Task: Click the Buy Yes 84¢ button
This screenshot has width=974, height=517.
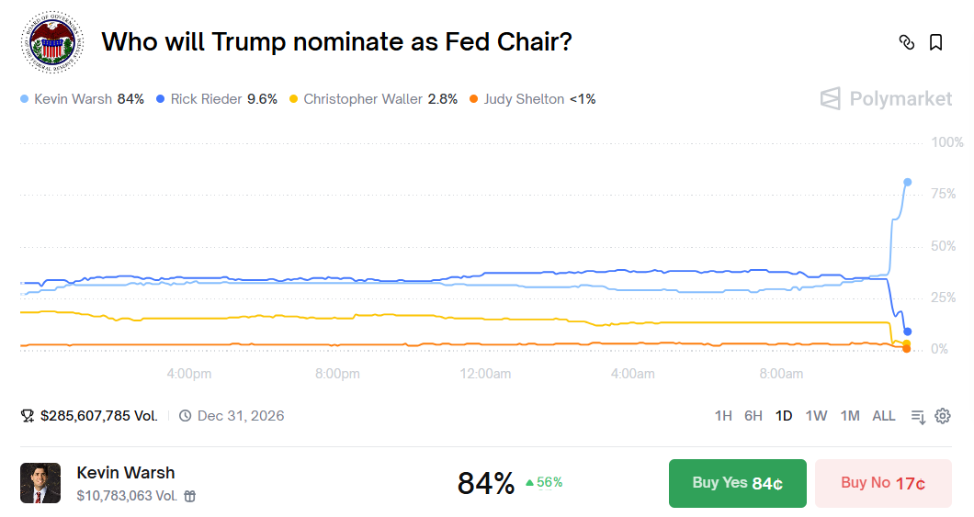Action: click(737, 483)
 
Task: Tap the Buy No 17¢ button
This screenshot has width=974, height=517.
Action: click(882, 483)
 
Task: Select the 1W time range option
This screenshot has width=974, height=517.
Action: click(816, 416)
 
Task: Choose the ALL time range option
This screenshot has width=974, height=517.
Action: click(883, 416)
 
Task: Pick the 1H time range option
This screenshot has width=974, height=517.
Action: click(723, 416)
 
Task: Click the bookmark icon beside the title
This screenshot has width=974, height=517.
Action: click(935, 42)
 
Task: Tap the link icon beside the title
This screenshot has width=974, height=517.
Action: click(907, 42)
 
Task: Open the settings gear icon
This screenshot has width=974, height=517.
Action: click(942, 416)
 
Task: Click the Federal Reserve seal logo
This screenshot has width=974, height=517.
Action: click(51, 42)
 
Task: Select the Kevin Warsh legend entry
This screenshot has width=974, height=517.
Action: click(83, 99)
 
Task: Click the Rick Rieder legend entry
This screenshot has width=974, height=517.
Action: click(217, 99)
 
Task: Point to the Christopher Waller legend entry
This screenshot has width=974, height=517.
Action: click(373, 99)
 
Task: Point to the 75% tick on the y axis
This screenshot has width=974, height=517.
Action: click(943, 195)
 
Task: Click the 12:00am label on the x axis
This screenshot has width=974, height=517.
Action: click(485, 374)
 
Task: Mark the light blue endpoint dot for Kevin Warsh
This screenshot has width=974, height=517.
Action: click(907, 182)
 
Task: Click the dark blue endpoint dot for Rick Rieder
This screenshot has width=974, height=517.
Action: click(908, 332)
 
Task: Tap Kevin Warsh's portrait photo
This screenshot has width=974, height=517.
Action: click(40, 483)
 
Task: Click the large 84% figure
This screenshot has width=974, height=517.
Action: click(485, 483)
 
